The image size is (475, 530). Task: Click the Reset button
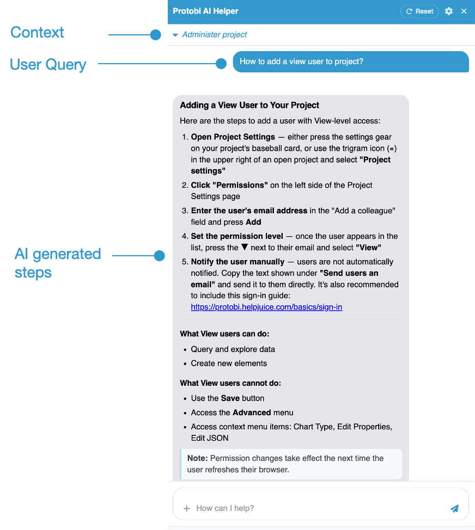(x=419, y=11)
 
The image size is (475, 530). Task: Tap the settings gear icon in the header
(x=449, y=11)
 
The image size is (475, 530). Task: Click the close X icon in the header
(x=464, y=11)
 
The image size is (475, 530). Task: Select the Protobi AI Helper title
(x=205, y=11)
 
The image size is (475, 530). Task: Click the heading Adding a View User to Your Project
(x=249, y=105)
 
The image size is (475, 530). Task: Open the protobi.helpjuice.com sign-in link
(x=266, y=307)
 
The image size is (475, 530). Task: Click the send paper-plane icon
(x=454, y=508)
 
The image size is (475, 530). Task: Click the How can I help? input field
(x=316, y=508)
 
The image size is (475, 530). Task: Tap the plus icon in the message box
(x=187, y=508)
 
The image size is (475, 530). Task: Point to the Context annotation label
(x=37, y=33)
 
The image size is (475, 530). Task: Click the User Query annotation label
(x=48, y=65)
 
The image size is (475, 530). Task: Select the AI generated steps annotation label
(x=57, y=262)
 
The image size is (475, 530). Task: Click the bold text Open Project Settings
(x=233, y=137)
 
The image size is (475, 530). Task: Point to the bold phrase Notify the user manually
(x=237, y=262)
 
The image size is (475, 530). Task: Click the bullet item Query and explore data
(x=233, y=349)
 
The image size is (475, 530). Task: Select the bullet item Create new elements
(x=229, y=363)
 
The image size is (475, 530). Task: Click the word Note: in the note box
(x=198, y=458)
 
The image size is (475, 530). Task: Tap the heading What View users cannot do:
(x=230, y=383)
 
